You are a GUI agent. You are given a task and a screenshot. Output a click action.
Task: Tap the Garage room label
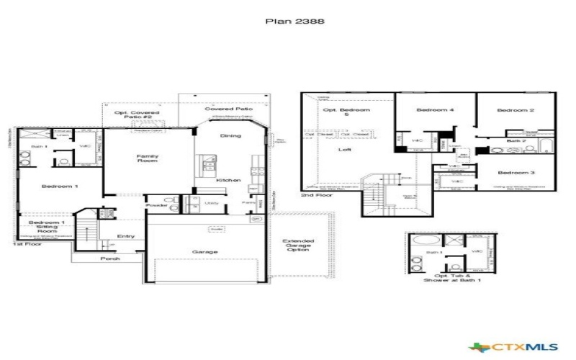[x=205, y=252]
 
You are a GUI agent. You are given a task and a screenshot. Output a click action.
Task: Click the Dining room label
[x=230, y=135]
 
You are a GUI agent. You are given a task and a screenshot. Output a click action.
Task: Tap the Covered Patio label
[x=222, y=109]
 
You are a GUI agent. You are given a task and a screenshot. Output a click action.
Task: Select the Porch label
[x=110, y=258]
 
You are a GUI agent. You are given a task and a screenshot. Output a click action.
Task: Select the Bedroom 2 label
[x=516, y=110]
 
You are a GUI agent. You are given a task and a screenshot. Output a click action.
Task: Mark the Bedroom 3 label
[x=516, y=173]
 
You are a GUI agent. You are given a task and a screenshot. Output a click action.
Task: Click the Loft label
[x=346, y=150]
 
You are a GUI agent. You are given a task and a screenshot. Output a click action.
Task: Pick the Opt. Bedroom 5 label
[x=346, y=113]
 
